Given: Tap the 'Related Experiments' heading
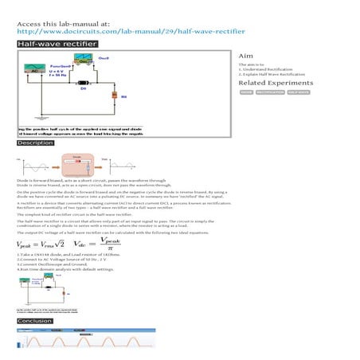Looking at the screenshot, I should pos(275,83).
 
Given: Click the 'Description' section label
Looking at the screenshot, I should pos(36,143).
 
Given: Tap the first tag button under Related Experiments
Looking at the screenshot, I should pos(246,92).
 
